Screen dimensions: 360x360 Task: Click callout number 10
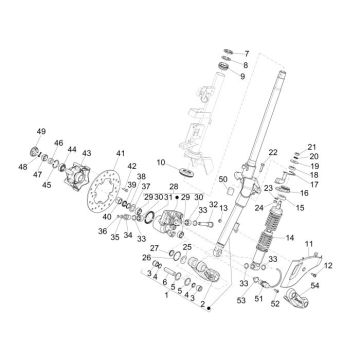click(x=162, y=162)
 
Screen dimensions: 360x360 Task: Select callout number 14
click(x=292, y=240)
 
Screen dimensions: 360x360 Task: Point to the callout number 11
click(x=308, y=243)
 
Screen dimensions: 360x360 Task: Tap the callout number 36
click(x=104, y=231)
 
